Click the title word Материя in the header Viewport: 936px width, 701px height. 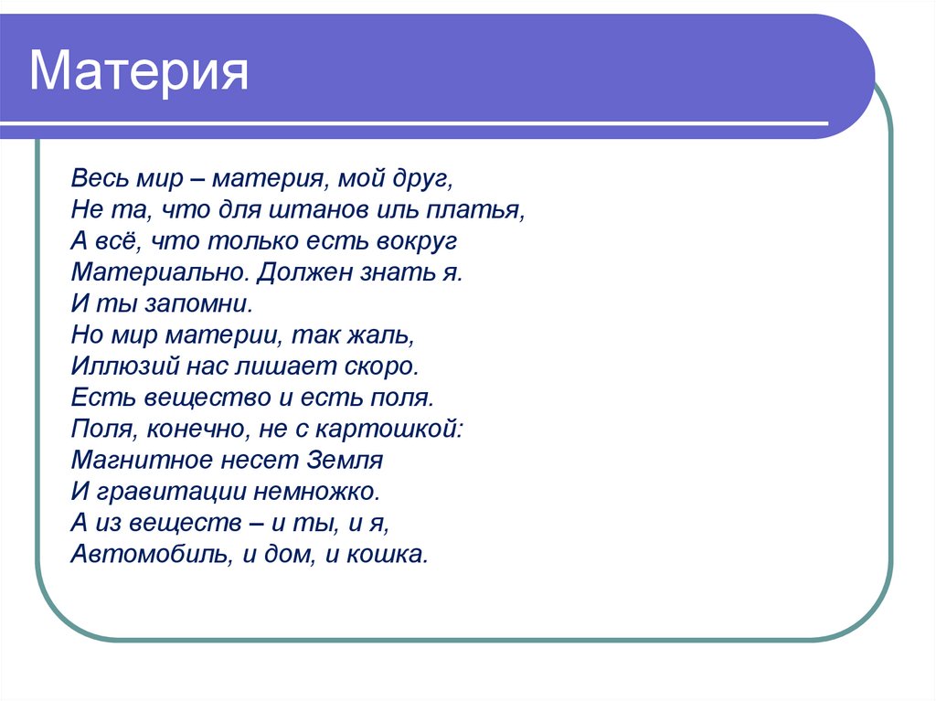tap(139, 72)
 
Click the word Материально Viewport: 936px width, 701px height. tap(161, 272)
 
